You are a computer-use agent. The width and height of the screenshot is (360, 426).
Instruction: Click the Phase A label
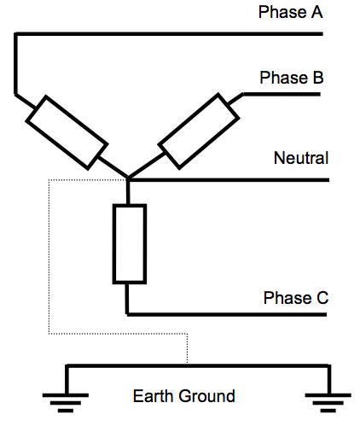(x=291, y=13)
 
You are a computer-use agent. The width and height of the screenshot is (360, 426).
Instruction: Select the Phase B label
(x=291, y=78)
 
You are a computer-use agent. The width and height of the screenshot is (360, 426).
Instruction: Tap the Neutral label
(x=300, y=158)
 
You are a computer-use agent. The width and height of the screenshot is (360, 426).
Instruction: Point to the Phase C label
(x=295, y=298)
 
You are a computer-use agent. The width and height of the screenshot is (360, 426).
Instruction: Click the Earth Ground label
(x=183, y=396)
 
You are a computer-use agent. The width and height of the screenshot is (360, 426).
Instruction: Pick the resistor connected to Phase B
(x=197, y=130)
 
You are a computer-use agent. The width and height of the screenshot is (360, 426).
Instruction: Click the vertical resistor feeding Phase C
(x=129, y=243)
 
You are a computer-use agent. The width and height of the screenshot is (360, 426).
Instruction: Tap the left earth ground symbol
(x=66, y=394)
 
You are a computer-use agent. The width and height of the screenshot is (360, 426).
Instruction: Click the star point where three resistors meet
(x=128, y=179)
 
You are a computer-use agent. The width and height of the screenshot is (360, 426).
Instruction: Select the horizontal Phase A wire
(x=171, y=33)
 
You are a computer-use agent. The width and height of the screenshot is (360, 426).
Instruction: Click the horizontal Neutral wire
(x=230, y=180)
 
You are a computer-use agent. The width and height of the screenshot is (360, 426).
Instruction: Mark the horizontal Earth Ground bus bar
(x=196, y=365)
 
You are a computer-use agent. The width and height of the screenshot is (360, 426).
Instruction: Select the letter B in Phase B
(x=316, y=78)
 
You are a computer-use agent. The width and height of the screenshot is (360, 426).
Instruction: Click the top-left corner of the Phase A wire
(x=15, y=34)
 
